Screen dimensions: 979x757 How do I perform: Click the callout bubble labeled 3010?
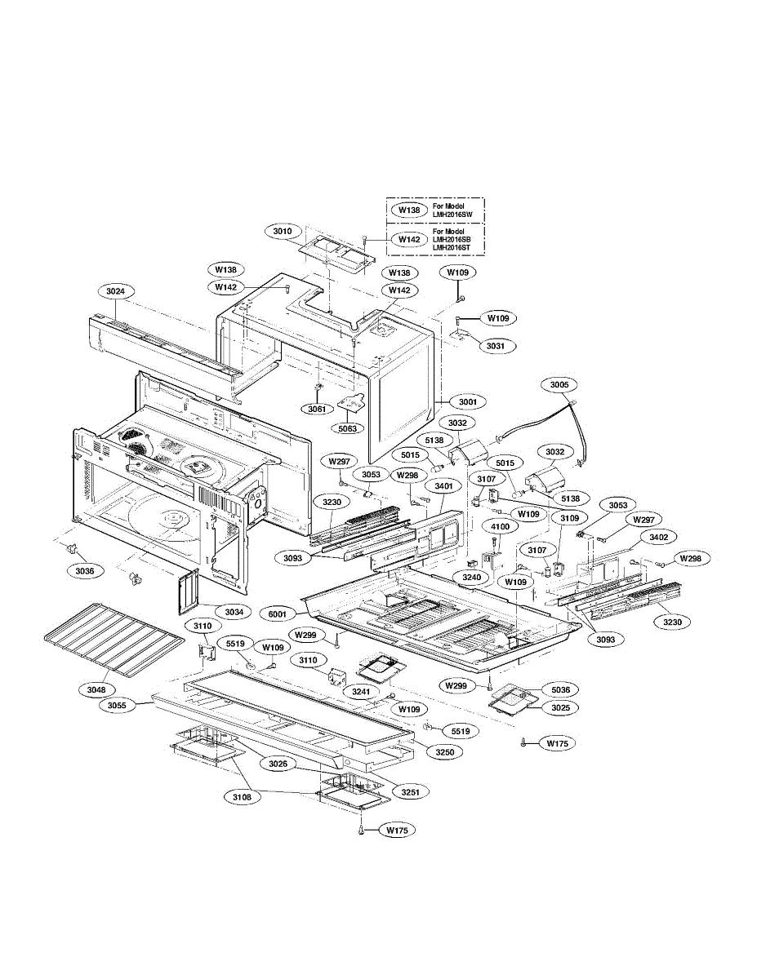click(x=282, y=232)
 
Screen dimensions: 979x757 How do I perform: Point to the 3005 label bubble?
click(x=559, y=383)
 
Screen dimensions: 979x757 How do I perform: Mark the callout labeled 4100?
click(x=500, y=527)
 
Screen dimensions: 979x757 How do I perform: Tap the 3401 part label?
click(x=443, y=486)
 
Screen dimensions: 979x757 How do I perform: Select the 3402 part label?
click(x=658, y=537)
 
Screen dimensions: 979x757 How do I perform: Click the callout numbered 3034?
click(x=234, y=611)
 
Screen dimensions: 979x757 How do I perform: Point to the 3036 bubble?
click(x=85, y=572)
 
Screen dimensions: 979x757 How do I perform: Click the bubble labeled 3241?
click(x=361, y=690)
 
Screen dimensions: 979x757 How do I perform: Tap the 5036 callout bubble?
click(x=560, y=689)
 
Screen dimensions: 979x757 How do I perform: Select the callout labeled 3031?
click(x=496, y=346)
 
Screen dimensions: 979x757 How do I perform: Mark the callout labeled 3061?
click(x=317, y=409)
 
